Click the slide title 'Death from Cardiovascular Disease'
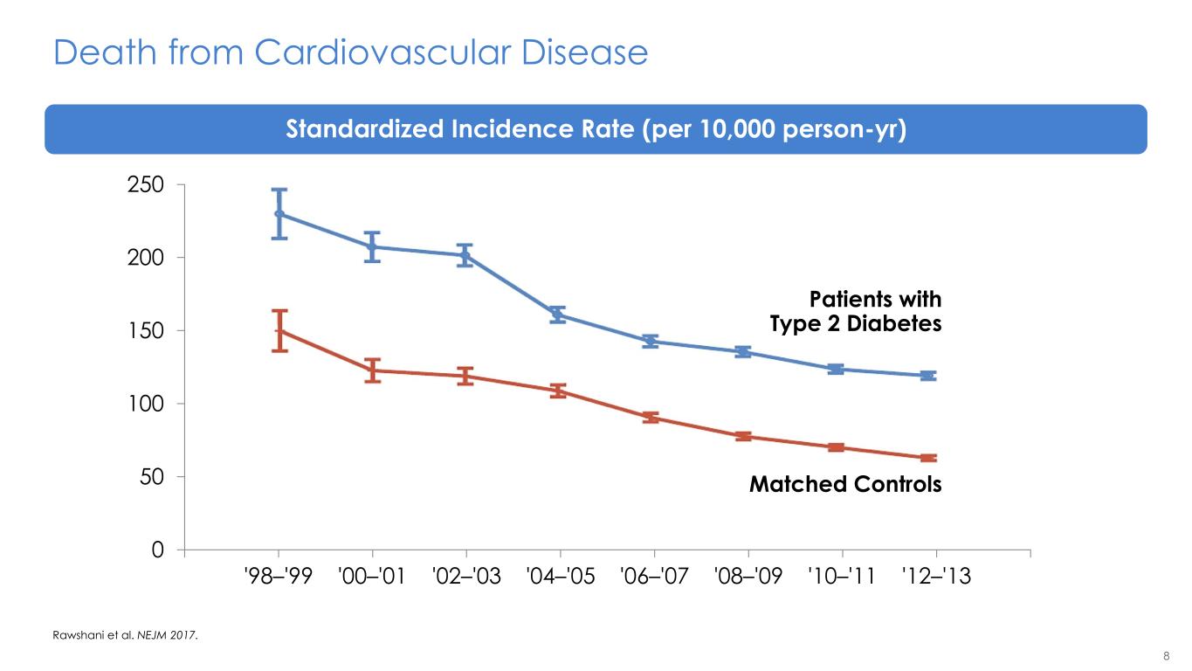tap(350, 53)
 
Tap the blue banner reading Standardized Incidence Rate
tap(596, 129)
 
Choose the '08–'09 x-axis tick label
tap(748, 578)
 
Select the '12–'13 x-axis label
tap(936, 578)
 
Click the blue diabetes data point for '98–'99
tap(279, 214)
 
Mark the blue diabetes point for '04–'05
tap(558, 315)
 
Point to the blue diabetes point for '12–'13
tap(927, 376)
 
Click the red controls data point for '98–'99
tap(279, 331)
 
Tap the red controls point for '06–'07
tap(651, 418)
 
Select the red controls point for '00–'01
tap(373, 370)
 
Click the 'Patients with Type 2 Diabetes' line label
tap(856, 312)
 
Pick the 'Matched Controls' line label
tap(845, 484)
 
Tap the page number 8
tap(1166, 656)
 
